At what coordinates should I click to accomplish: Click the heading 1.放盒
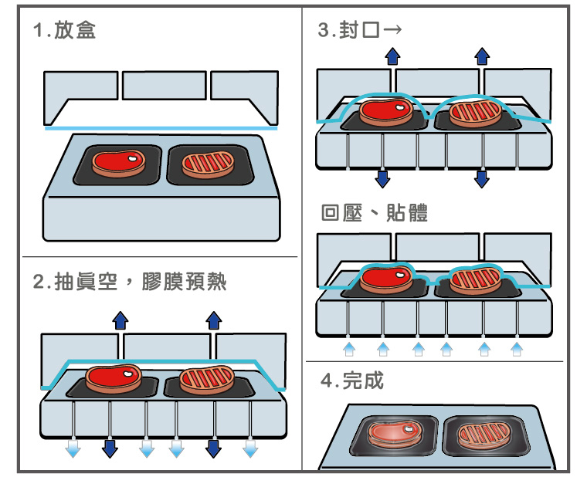64,32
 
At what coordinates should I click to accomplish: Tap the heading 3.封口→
360,31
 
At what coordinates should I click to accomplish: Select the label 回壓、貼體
374,213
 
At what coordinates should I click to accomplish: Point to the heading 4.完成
351,381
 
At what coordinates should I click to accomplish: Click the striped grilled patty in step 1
208,164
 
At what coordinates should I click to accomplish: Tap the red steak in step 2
114,377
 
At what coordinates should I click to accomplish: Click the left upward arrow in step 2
120,320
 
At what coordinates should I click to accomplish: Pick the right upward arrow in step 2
214,320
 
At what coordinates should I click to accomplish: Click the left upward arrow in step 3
392,55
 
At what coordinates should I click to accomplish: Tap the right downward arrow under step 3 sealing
482,179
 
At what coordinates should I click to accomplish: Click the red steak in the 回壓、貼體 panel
387,279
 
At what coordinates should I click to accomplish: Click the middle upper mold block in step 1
164,85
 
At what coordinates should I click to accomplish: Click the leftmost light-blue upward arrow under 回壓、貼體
348,350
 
